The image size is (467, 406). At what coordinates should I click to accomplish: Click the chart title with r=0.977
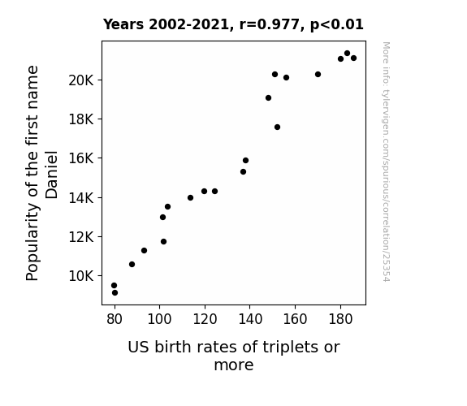[x=233, y=24]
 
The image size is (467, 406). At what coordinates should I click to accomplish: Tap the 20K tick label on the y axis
[x=81, y=80]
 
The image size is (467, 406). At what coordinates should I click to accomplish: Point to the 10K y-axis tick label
[x=81, y=276]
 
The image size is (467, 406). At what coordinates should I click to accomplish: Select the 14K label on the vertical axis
[x=81, y=198]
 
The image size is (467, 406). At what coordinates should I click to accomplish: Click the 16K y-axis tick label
[x=81, y=158]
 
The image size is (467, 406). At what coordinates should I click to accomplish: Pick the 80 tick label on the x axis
[x=115, y=319]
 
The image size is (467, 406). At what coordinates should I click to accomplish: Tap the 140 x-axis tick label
[x=250, y=319]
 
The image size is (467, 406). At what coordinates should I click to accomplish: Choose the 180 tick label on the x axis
[x=340, y=319]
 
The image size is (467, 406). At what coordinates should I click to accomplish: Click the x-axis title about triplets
[x=234, y=356]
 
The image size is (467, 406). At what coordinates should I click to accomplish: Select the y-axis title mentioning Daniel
[x=41, y=173]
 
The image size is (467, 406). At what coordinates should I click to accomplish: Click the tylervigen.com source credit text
[x=386, y=162]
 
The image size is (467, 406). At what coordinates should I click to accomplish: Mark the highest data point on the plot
[x=347, y=54]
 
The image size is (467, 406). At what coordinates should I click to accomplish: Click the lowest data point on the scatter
[x=115, y=293]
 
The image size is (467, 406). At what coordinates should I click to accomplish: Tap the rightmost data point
[x=353, y=58]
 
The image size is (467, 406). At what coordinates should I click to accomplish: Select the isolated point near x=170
[x=318, y=74]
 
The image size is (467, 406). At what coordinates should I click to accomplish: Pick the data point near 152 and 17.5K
[x=277, y=127]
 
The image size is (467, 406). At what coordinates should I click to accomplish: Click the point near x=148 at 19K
[x=268, y=98]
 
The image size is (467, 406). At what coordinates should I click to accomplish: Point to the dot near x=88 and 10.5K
[x=132, y=264]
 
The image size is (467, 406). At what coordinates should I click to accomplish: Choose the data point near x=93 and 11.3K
[x=144, y=251]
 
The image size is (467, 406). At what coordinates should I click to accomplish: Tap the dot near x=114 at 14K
[x=190, y=198]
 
